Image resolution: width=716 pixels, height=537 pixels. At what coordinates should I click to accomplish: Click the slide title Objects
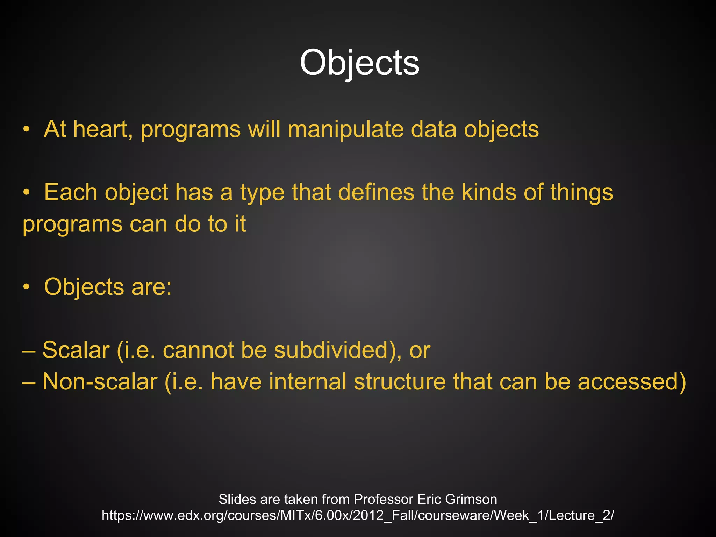click(x=359, y=63)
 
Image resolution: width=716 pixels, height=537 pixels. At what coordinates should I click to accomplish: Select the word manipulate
click(x=345, y=129)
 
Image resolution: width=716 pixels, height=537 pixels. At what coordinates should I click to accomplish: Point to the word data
click(x=434, y=129)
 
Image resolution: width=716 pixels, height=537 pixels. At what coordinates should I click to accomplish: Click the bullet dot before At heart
click(x=26, y=130)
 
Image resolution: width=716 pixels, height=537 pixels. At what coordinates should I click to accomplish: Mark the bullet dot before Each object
click(x=26, y=193)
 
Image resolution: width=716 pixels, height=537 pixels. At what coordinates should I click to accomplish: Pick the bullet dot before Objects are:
click(x=26, y=287)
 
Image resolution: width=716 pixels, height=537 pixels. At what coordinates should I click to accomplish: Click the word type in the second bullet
click(x=262, y=193)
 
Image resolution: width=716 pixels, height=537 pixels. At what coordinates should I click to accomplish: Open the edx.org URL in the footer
click(x=358, y=515)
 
